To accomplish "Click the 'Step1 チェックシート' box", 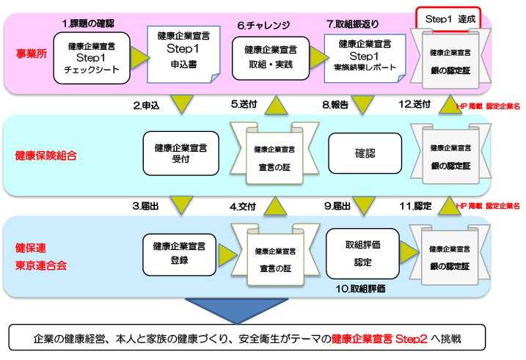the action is (x=92, y=58).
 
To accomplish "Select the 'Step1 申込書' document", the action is (x=183, y=54).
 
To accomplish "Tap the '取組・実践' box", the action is (x=271, y=59).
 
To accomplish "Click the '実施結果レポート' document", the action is (x=365, y=59).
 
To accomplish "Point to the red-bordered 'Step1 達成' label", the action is (x=448, y=19).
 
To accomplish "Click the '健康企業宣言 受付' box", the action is (x=180, y=153).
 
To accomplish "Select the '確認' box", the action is (x=365, y=153).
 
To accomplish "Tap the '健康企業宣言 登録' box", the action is (x=180, y=254).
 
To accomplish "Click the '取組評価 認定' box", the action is (x=362, y=254).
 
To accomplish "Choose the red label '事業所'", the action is (x=32, y=54).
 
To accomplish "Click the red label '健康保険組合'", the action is (x=46, y=155).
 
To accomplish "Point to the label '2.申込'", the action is (x=146, y=106).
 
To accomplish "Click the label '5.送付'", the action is (x=244, y=104).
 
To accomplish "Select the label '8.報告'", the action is (x=335, y=105).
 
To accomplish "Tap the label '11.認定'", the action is (x=415, y=206).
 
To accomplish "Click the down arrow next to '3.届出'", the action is (x=181, y=204).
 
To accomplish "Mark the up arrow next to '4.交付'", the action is (x=275, y=206).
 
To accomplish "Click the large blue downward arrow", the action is (x=236, y=310).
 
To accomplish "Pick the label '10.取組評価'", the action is (x=360, y=289).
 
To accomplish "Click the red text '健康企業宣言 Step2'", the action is (x=379, y=339).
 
